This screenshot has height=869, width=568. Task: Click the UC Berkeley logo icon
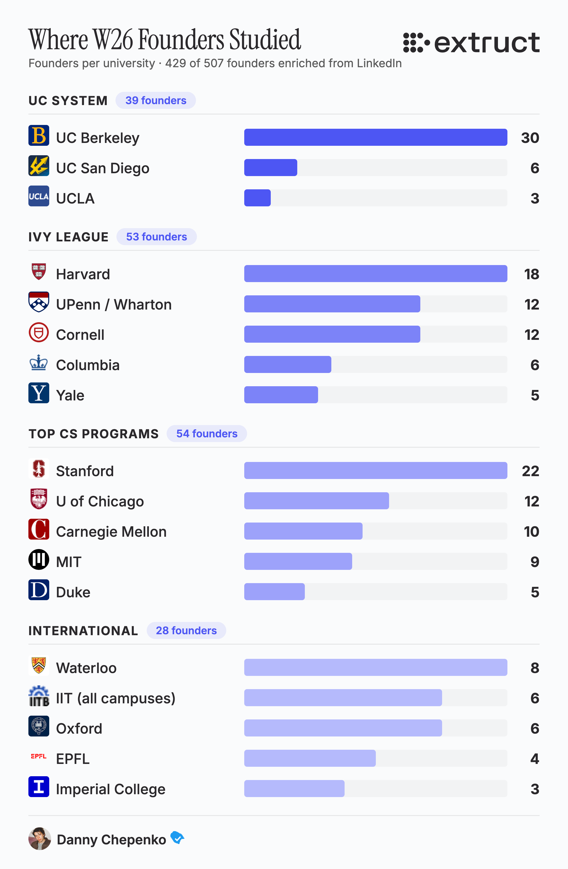click(39, 135)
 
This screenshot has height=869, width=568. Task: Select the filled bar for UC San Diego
click(271, 168)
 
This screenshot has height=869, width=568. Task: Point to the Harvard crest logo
click(39, 271)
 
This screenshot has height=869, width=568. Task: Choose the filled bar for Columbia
click(288, 364)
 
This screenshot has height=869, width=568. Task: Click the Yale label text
click(70, 395)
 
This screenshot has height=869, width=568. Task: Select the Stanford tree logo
click(39, 468)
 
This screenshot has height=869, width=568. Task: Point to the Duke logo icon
click(39, 590)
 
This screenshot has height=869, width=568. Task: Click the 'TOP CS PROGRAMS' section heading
click(93, 434)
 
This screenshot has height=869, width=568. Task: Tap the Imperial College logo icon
click(39, 786)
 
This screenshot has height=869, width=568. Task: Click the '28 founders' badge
click(186, 631)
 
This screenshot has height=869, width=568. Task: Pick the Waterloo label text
click(86, 668)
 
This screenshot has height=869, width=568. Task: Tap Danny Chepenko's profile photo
click(40, 839)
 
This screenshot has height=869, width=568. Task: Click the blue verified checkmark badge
click(177, 837)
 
